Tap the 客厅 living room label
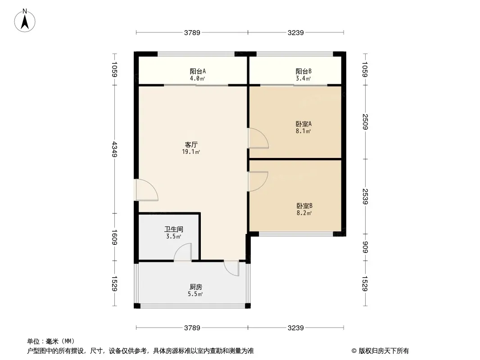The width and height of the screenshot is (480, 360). [x=191, y=144]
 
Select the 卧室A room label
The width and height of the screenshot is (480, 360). [x=303, y=124]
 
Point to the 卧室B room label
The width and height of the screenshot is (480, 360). [x=304, y=206]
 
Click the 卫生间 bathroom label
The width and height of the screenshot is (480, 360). [x=173, y=229]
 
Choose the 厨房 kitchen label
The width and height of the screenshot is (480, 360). [x=195, y=287]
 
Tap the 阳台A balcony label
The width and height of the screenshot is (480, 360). [x=198, y=71]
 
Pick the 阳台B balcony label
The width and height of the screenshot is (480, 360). [x=303, y=71]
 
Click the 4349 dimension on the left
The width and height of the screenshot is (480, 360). [x=114, y=149]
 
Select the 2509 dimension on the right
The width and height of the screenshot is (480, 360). [x=365, y=122]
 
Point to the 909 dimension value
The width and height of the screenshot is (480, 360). [x=365, y=247]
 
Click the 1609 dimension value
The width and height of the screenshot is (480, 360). [x=114, y=237]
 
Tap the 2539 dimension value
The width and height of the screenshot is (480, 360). [x=365, y=197]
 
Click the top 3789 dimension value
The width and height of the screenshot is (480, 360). [x=192, y=32]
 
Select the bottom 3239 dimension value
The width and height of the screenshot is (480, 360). [x=296, y=328]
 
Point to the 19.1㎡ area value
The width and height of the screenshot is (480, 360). [x=191, y=152]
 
